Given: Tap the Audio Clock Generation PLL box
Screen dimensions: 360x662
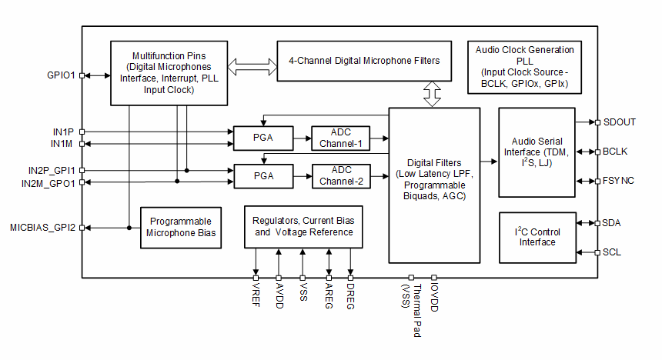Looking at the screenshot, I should pyautogui.click(x=524, y=67).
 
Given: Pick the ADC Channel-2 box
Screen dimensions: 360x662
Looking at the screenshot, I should pyautogui.click(x=341, y=176).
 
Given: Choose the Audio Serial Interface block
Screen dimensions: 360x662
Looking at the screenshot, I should pyautogui.click(x=537, y=152).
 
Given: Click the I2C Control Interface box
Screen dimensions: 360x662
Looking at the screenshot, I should pyautogui.click(x=537, y=236).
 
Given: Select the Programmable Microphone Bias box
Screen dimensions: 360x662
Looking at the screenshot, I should pyautogui.click(x=181, y=227).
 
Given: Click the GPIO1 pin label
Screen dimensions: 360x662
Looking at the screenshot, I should pyautogui.click(x=61, y=75).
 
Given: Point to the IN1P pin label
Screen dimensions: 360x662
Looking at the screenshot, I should pyautogui.click(x=63, y=132).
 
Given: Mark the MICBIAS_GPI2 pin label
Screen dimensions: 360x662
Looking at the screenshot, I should pyautogui.click(x=43, y=228).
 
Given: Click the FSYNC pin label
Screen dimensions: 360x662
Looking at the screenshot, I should pyautogui.click(x=620, y=181).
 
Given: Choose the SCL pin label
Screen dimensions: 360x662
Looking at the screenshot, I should pyautogui.click(x=613, y=252).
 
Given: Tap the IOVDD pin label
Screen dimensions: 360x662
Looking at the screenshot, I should pyautogui.click(x=434, y=297).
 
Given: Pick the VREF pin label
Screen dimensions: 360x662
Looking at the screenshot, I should pyautogui.click(x=256, y=295).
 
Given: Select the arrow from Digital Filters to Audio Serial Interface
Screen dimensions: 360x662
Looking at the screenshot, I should pyautogui.click(x=486, y=162).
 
